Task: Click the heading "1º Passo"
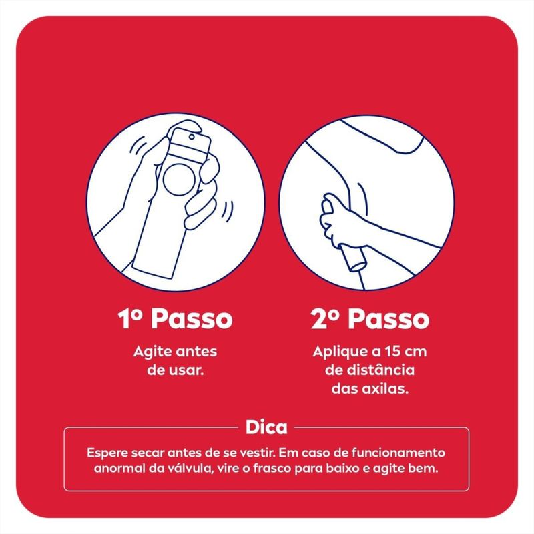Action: click(x=175, y=319)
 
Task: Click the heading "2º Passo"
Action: click(x=370, y=319)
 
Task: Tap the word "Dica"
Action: click(x=266, y=427)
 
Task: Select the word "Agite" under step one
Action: click(x=152, y=352)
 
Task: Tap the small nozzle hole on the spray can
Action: click(x=192, y=137)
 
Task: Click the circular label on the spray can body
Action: click(x=180, y=180)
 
